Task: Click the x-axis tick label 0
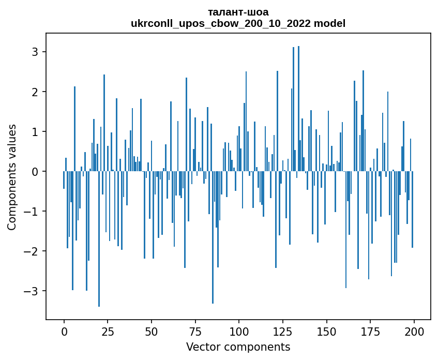click(x=64, y=331)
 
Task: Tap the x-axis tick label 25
click(x=108, y=331)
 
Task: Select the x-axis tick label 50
click(x=152, y=331)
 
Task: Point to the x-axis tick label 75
click(x=195, y=331)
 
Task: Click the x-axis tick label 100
click(x=239, y=331)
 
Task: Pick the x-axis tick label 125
click(x=282, y=331)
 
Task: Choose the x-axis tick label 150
click(x=326, y=331)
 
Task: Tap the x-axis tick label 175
click(x=370, y=331)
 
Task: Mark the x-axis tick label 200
click(x=414, y=331)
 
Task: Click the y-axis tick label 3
click(x=36, y=52)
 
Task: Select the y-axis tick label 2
click(x=36, y=92)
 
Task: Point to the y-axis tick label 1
click(x=36, y=132)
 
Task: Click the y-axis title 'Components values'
click(x=12, y=177)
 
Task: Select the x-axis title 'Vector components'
click(x=238, y=347)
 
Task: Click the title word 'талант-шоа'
click(x=238, y=12)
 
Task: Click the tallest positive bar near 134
click(x=298, y=109)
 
